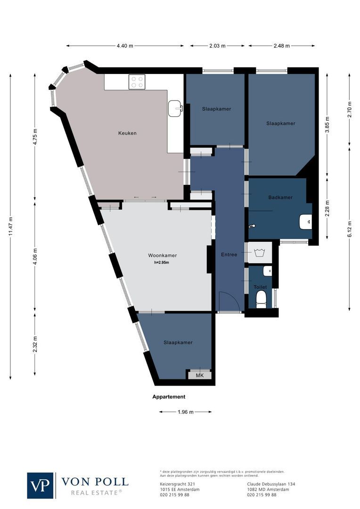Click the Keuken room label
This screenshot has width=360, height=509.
click(x=127, y=133)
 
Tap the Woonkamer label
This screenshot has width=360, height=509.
click(x=162, y=255)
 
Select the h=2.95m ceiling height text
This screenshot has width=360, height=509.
click(x=162, y=263)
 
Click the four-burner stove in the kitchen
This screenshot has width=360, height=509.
click(x=137, y=82)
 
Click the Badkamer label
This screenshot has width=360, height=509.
click(x=280, y=197)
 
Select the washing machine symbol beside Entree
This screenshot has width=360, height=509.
click(x=259, y=253)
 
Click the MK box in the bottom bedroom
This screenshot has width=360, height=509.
click(x=199, y=376)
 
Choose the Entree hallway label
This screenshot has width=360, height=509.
click(x=229, y=254)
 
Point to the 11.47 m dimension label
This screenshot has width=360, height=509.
click(x=10, y=226)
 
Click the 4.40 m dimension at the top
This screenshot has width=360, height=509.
click(x=125, y=46)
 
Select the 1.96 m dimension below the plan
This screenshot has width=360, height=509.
click(x=185, y=412)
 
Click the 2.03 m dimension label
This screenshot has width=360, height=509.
click(x=217, y=46)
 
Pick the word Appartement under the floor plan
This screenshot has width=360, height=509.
click(x=169, y=397)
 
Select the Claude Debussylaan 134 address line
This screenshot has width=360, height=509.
click(x=271, y=484)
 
